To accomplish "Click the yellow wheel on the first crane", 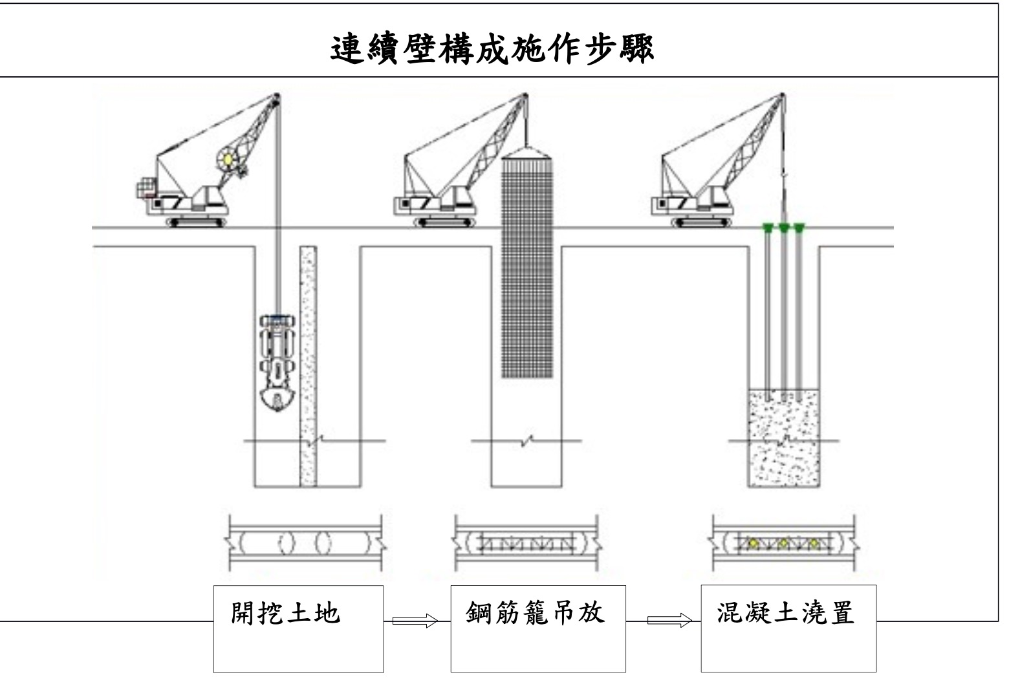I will coord(228,158).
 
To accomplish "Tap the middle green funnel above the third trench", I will coord(784,227).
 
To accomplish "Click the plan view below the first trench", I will coord(305,542).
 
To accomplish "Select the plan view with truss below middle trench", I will coord(526,542).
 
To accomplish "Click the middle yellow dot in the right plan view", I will coord(783,542).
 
